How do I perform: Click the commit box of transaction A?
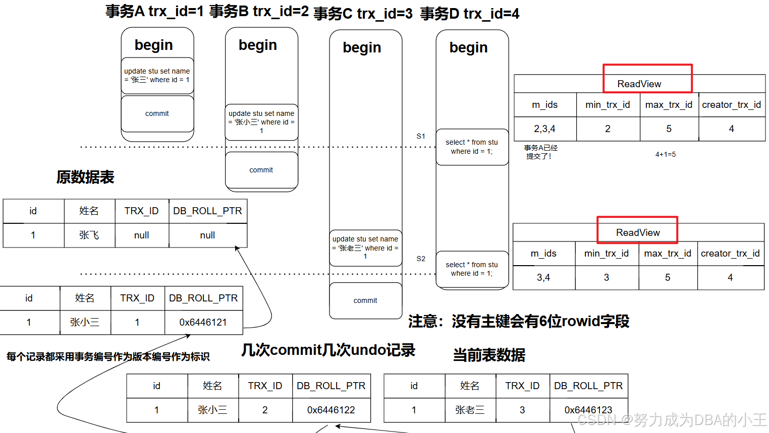coord(157,114)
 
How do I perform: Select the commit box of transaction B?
coord(261,170)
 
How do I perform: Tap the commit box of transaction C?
coord(365,300)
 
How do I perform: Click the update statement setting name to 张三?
coord(157,76)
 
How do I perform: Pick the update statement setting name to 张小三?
coord(261,122)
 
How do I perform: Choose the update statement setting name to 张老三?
coord(365,248)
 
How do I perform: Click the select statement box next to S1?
coord(472,147)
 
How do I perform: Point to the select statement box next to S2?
coord(472,269)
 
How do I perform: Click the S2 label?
coord(421,259)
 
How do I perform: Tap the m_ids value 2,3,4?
coord(544,129)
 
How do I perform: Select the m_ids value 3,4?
coord(543,278)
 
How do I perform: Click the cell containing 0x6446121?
coord(203,323)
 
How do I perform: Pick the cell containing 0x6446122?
coord(331,410)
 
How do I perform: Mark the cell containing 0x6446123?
coord(588,410)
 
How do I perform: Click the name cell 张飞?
coord(89,235)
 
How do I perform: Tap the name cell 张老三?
coord(470,410)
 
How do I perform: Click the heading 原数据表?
coord(85,177)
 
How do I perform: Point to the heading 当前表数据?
coord(489,355)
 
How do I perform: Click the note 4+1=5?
coord(666,155)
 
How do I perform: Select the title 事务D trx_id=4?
coord(470,14)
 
